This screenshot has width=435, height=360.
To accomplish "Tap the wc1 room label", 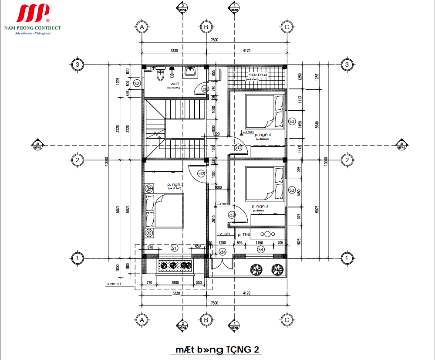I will [175, 83].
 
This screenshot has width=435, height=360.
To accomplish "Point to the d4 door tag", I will [222, 252].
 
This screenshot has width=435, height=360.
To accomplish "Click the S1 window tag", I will [174, 248].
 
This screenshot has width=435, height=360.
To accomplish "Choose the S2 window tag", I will [137, 83].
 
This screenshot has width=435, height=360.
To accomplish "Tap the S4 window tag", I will [260, 249].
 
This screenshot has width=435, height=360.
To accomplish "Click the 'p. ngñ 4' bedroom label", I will [263, 135].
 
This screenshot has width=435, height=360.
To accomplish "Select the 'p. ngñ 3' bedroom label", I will [260, 206].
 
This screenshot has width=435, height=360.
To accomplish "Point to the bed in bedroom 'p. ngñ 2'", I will [164, 211].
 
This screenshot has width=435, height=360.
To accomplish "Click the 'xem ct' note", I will [114, 284].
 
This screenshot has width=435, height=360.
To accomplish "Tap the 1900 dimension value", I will [175, 283].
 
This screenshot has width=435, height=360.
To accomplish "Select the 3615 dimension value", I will [213, 219].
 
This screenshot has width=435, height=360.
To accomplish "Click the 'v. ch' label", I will [224, 234].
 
